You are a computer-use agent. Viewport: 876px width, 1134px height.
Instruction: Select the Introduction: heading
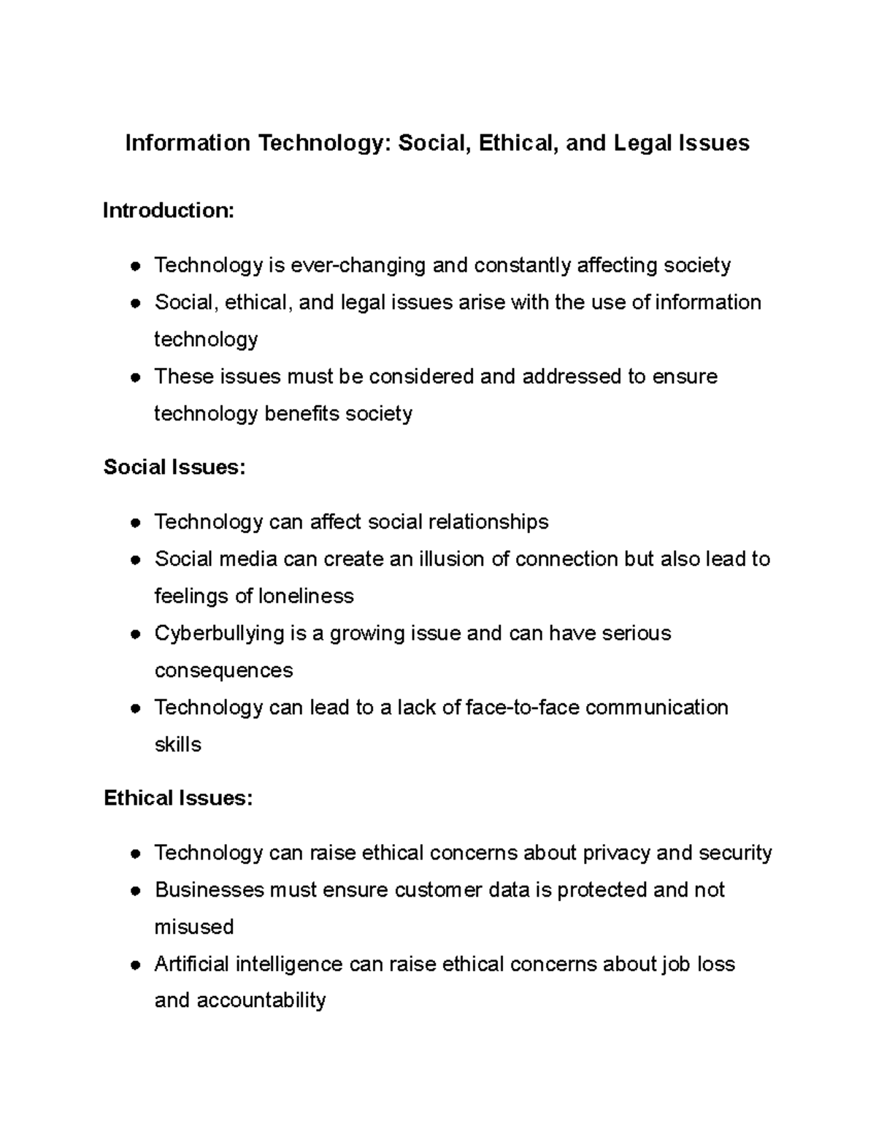[x=169, y=210]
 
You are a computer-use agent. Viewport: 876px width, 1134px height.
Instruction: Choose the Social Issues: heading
[x=174, y=467]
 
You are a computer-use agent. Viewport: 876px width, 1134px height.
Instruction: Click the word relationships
[x=488, y=521]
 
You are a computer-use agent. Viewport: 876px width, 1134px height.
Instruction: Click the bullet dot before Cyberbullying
[x=135, y=635]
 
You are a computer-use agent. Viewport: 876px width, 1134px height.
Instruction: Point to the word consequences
[x=223, y=670]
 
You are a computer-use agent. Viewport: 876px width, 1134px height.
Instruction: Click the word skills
[x=177, y=744]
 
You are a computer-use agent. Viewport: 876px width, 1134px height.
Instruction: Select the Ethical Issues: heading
[x=178, y=798]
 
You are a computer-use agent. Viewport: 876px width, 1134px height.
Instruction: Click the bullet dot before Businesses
[x=135, y=892]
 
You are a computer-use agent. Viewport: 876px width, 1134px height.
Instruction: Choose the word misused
[x=194, y=927]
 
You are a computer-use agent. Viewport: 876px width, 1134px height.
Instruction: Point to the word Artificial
[x=191, y=964]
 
